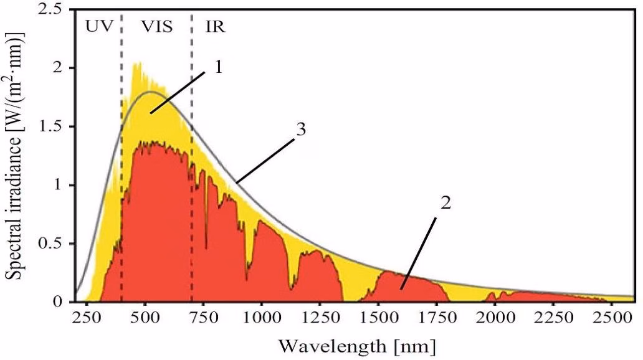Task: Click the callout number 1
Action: (x=218, y=67)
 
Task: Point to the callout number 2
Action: (x=445, y=204)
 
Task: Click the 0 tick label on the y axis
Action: (x=60, y=302)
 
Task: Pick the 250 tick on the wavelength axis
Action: (x=87, y=318)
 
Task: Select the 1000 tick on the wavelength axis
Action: (x=261, y=318)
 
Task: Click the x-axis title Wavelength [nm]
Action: (x=356, y=344)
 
